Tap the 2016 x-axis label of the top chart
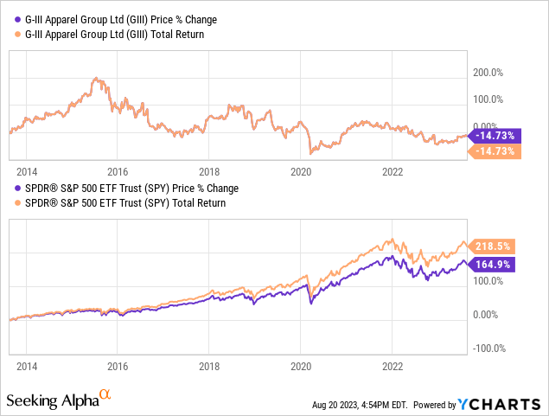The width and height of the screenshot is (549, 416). [118, 170]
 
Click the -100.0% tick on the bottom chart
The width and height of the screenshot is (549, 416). [488, 348]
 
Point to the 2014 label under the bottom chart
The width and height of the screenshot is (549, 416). [26, 342]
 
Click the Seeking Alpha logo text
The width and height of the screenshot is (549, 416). [52, 401]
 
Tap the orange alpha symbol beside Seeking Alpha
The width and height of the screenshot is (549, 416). [105, 394]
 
